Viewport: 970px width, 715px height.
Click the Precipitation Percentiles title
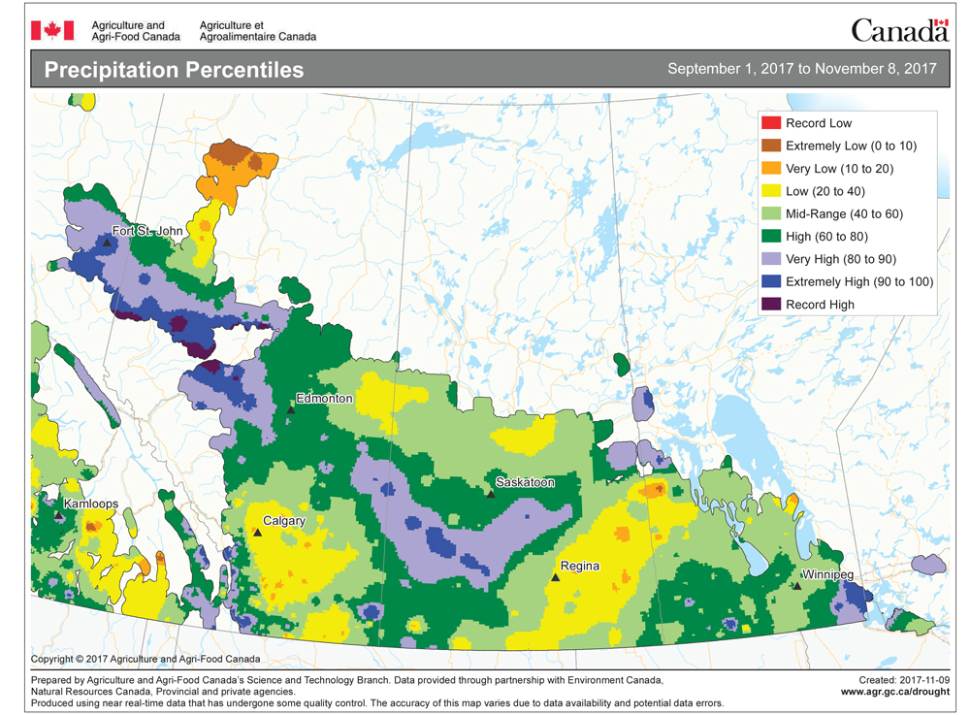pos(174,70)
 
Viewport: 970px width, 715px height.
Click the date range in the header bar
pos(801,69)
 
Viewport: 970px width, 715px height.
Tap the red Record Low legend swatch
pos(771,123)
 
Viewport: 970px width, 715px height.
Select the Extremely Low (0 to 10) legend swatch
pos(771,146)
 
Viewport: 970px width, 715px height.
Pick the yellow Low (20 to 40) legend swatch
pos(771,191)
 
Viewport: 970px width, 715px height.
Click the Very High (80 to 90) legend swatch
pos(771,259)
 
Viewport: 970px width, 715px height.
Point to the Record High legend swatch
pos(771,305)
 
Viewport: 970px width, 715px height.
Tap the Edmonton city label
pos(326,399)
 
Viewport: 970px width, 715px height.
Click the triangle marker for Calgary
pos(257,532)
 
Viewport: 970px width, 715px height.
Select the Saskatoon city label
pos(525,482)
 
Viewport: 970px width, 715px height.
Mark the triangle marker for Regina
pos(556,576)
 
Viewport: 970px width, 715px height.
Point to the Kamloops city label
pos(90,504)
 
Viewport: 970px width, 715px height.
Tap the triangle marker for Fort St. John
pos(105,243)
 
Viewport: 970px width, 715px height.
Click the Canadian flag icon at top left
pos(46,30)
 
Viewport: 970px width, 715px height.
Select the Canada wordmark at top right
pos(898,30)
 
